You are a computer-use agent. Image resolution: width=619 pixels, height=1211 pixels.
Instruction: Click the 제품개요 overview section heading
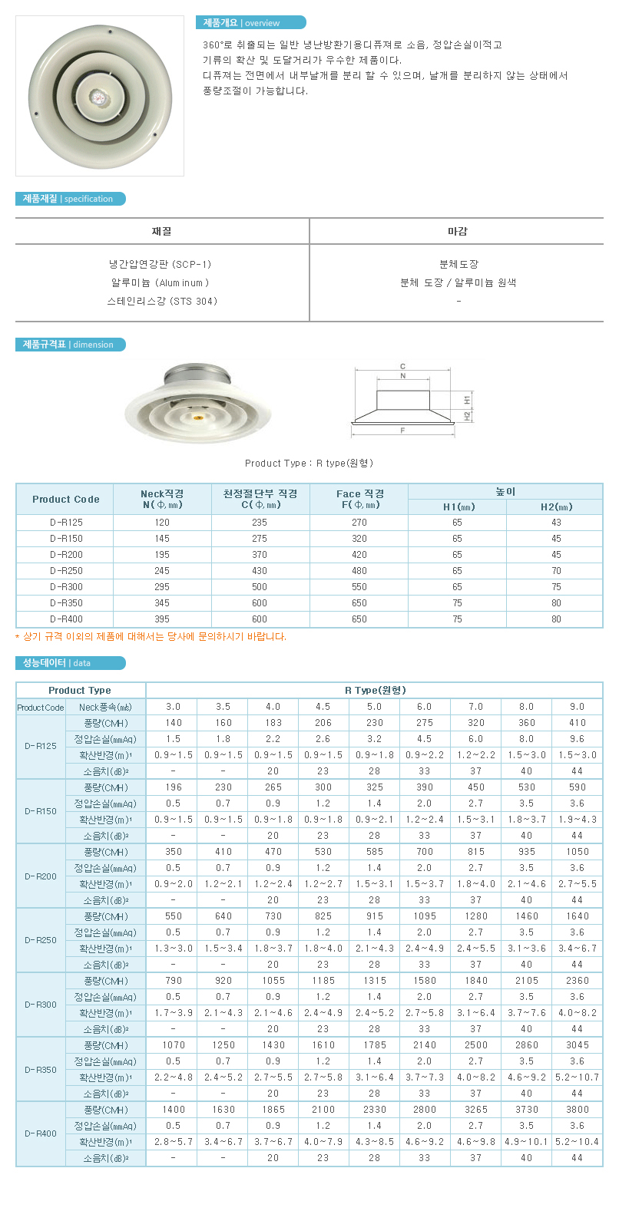250,23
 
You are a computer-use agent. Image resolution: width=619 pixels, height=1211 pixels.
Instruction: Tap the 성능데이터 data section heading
69,663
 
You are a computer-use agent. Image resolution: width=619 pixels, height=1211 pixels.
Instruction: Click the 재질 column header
161,231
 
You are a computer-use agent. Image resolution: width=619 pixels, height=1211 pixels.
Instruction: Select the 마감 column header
457,231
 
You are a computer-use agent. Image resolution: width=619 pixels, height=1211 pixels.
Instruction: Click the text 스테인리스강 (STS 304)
162,302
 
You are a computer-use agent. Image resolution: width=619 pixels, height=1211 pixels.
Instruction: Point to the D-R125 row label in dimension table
66,523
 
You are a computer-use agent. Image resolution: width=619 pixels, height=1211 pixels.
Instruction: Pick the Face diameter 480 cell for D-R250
359,571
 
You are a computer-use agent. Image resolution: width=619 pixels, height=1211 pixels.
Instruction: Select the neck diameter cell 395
162,619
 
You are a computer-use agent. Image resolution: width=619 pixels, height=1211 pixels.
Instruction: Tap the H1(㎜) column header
458,507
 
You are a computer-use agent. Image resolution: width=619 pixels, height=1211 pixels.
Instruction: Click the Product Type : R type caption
309,463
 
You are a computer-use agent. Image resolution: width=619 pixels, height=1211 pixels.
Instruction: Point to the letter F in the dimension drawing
402,431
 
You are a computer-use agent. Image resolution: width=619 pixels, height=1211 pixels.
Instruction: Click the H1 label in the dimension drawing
467,400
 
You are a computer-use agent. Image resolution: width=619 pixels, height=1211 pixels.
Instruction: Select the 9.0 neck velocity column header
577,707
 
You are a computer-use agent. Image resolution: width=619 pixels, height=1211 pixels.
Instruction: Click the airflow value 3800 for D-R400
577,1110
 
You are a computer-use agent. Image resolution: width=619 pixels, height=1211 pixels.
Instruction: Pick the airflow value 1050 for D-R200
577,852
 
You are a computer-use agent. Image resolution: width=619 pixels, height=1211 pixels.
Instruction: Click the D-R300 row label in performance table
40,1005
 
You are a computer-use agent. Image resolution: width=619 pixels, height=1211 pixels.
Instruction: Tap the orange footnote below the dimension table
151,636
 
